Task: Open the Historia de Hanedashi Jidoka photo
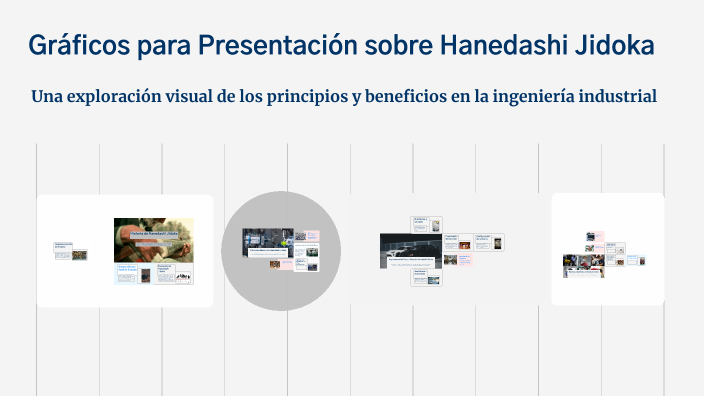[153, 240]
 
